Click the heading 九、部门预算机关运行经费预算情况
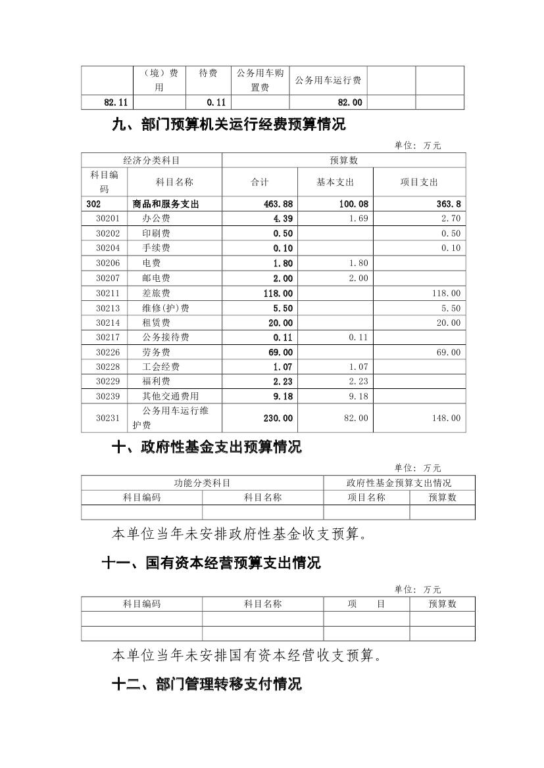click(229, 125)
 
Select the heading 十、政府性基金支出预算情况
click(207, 447)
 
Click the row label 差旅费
click(156, 293)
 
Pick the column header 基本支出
click(335, 182)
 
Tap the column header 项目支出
click(419, 182)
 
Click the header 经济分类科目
click(151, 160)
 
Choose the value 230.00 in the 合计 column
click(278, 418)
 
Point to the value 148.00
click(447, 418)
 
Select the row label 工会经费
click(161, 367)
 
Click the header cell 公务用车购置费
click(260, 80)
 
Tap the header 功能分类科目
click(202, 483)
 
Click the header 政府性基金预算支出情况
click(399, 483)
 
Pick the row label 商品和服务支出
click(165, 204)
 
